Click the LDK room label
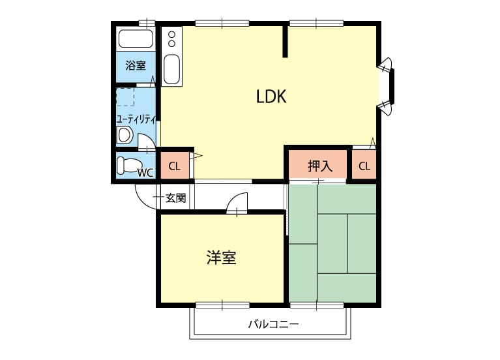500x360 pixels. pos(271,97)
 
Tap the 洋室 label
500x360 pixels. pos(222,257)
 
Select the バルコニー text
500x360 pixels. pos(274,324)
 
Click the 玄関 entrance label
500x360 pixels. pos(176,198)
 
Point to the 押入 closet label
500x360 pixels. pos(320,166)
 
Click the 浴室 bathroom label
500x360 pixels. pos(136,65)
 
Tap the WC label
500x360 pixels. pos(145,173)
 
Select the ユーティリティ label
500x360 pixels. pos(136,119)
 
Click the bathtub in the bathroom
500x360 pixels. pos(136,39)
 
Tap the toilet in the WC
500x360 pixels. pos(129,164)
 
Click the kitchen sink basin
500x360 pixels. pos(171,69)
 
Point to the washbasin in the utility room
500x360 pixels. pos(125,135)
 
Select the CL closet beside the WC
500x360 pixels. pos(175,166)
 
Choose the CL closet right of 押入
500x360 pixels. pos(364,166)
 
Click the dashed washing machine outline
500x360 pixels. pos(125,97)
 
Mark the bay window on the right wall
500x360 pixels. pos(387,86)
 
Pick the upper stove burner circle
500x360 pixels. pos(171,34)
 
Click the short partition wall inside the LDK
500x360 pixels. pos(285,41)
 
